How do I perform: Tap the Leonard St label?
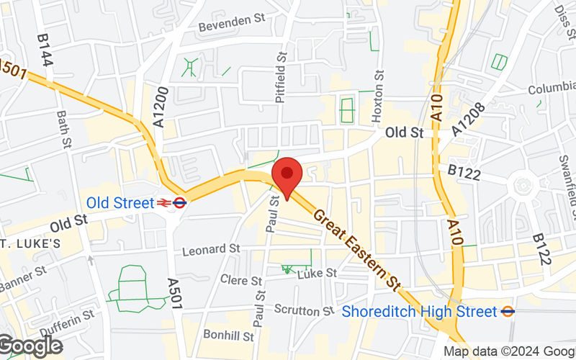(x=211, y=249)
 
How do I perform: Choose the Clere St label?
(x=240, y=280)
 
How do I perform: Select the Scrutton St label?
(x=304, y=310)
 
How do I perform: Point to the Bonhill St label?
(x=228, y=336)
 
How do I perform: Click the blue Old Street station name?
(x=120, y=203)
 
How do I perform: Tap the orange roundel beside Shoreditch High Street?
(x=508, y=312)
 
